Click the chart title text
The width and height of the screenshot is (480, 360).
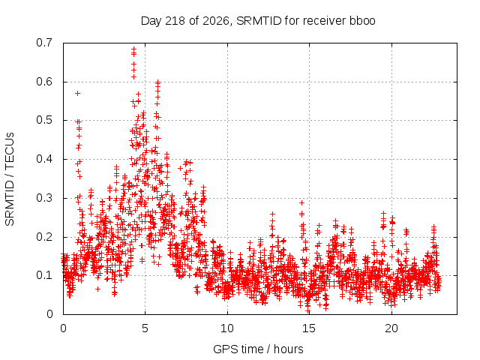pyautogui.click(x=258, y=21)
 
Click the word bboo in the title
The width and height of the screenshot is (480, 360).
pyautogui.click(x=362, y=21)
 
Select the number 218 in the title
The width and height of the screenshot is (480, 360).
pyautogui.click(x=175, y=21)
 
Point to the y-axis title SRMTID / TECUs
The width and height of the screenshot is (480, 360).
pyautogui.click(x=10, y=179)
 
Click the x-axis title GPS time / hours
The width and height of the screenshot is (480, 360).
pyautogui.click(x=258, y=349)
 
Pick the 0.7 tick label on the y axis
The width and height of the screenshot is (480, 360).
pyautogui.click(x=44, y=43)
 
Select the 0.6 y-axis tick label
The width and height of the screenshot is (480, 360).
pyautogui.click(x=44, y=82)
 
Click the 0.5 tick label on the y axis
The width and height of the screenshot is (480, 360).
pyautogui.click(x=44, y=120)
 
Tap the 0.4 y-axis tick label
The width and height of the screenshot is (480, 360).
pyautogui.click(x=44, y=159)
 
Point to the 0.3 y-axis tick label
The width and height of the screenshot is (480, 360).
pyautogui.click(x=44, y=198)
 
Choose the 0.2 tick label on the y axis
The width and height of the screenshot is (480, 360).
pyautogui.click(x=44, y=237)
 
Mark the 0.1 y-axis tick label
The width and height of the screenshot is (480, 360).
pyautogui.click(x=44, y=275)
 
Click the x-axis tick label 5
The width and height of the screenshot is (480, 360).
pyautogui.click(x=145, y=328)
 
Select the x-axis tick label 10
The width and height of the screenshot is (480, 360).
pyautogui.click(x=227, y=328)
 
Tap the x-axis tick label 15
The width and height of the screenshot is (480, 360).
pyautogui.click(x=309, y=328)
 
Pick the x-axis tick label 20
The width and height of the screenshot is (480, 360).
pyautogui.click(x=391, y=328)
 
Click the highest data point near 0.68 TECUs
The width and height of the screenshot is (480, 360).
pyautogui.click(x=133, y=49)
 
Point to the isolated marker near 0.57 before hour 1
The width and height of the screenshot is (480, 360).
pyautogui.click(x=77, y=93)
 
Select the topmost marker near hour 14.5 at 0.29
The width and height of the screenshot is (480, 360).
pyautogui.click(x=301, y=202)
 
